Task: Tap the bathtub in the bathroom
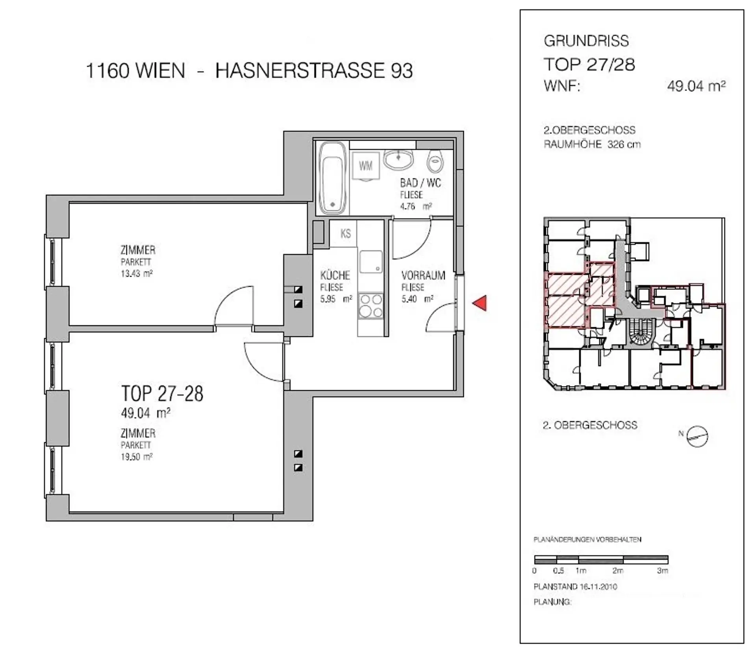[333, 178]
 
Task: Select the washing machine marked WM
[366, 166]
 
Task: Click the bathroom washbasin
[398, 159]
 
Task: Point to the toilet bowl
[435, 161]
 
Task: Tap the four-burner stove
[371, 306]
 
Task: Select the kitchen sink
[371, 261]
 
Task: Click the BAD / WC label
[420, 183]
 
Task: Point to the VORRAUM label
[423, 275]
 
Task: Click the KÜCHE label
[335, 275]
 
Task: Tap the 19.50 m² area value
[137, 457]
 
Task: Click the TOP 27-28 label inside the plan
[162, 393]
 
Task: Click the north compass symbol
[697, 436]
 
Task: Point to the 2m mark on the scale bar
[618, 570]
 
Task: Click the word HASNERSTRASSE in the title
[300, 71]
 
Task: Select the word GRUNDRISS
[586, 41]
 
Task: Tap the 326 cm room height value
[624, 144]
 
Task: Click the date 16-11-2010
[598, 587]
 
